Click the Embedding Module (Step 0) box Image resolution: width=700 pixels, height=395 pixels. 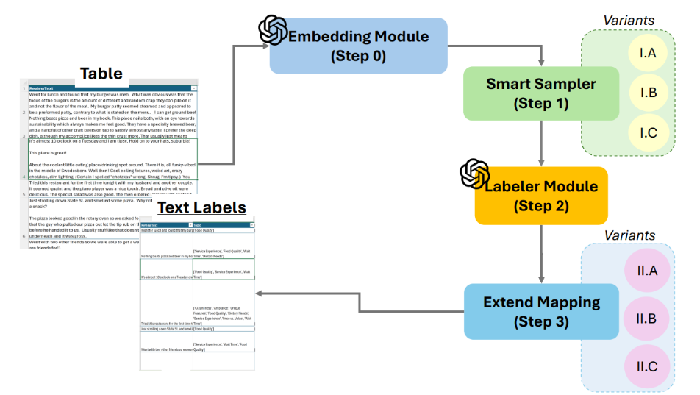coord(358,46)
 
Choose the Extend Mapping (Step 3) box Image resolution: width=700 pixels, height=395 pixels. coord(540,311)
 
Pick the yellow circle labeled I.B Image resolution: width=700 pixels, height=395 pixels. coord(648,92)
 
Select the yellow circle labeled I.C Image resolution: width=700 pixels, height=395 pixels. coord(648,132)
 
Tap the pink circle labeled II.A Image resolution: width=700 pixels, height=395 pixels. coord(647,270)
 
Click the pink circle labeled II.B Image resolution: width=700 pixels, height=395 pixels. coord(647,317)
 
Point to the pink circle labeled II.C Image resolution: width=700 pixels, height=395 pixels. coord(647,364)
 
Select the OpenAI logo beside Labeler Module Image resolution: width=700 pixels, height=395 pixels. coord(474,174)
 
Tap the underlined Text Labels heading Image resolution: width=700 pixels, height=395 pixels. coord(201,208)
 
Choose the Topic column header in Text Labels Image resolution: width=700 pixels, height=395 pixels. coord(199,225)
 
